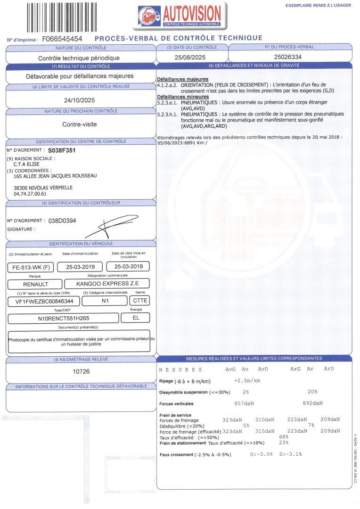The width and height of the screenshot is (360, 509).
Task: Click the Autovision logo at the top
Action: [180, 16]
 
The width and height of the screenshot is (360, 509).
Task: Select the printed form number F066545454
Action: [62, 39]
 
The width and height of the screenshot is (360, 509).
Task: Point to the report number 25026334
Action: [289, 57]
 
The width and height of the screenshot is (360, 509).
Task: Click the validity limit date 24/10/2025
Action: [80, 100]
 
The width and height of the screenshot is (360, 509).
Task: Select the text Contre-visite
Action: [80, 125]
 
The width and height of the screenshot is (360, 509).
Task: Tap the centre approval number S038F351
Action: [62, 150]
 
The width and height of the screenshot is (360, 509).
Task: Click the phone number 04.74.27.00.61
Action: [30, 194]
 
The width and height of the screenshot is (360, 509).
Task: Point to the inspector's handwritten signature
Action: [106, 228]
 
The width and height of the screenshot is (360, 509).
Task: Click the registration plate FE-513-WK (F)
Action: [32, 267]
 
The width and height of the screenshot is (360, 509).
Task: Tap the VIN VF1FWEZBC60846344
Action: [44, 301]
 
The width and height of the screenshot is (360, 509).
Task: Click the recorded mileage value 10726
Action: [81, 371]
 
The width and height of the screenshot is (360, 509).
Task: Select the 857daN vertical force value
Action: [244, 403]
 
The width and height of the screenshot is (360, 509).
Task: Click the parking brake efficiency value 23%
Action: [284, 443]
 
